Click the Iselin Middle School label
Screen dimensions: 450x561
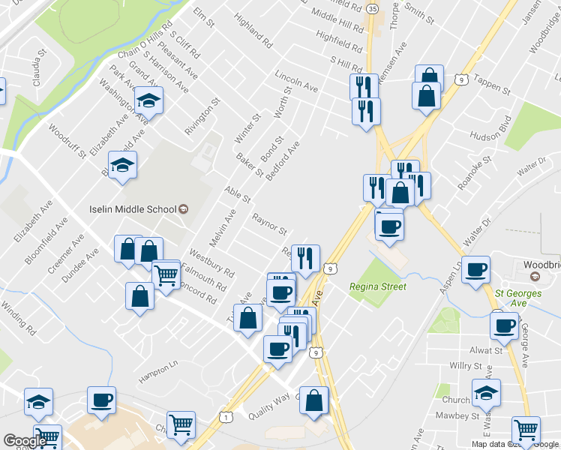[133, 209]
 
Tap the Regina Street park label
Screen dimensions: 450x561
[378, 286]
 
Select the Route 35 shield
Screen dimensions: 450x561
[373, 8]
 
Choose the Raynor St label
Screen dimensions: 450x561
[270, 223]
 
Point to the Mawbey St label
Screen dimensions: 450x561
[459, 415]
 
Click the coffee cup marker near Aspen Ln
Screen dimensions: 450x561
[475, 270]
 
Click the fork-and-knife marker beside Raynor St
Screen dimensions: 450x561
[305, 258]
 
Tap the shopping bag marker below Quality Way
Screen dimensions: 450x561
[314, 400]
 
